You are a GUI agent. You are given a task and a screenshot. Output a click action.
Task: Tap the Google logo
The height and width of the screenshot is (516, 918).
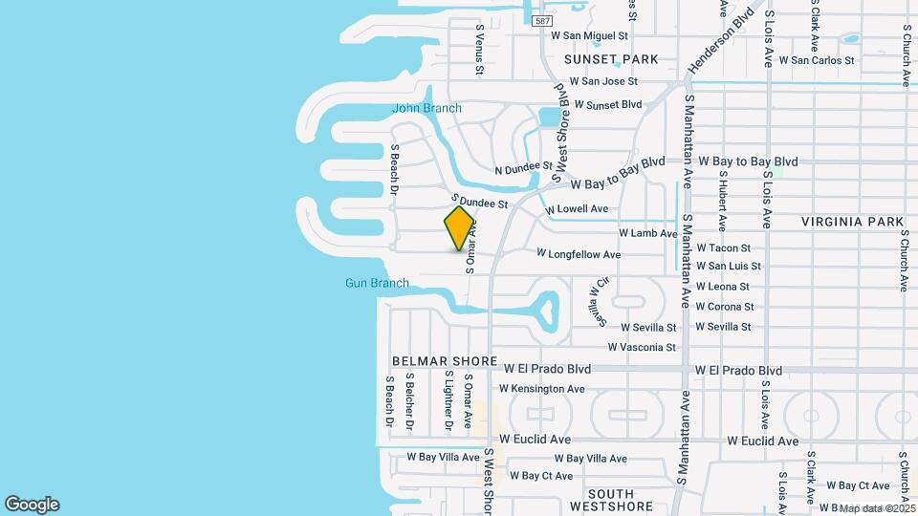coord(32,505)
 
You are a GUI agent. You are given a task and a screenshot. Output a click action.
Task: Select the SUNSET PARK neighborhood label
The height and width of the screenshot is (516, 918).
coord(611,59)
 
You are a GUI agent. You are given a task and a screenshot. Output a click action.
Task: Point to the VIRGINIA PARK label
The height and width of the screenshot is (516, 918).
coord(852,222)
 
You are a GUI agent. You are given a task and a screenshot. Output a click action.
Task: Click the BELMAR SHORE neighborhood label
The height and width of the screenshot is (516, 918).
coord(445,361)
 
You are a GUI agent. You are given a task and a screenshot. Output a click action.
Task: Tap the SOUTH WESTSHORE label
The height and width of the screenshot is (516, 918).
coord(610,505)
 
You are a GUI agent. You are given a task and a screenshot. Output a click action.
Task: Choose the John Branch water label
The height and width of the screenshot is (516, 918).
coord(426,108)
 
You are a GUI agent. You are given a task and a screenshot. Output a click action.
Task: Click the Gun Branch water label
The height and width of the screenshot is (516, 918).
coord(377,283)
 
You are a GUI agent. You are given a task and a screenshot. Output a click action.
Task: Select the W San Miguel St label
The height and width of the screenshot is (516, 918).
coord(589,35)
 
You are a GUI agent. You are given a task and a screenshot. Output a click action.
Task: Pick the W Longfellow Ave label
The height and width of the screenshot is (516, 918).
coord(579,254)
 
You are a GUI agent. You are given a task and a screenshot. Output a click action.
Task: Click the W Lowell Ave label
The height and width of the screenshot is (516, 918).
coord(577,209)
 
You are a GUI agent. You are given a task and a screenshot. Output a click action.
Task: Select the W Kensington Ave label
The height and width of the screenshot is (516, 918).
coord(541,389)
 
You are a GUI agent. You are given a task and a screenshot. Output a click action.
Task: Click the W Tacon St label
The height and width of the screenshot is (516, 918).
coord(723,248)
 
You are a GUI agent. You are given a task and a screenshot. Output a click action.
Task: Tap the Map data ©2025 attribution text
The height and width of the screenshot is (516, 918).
coord(876,508)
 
